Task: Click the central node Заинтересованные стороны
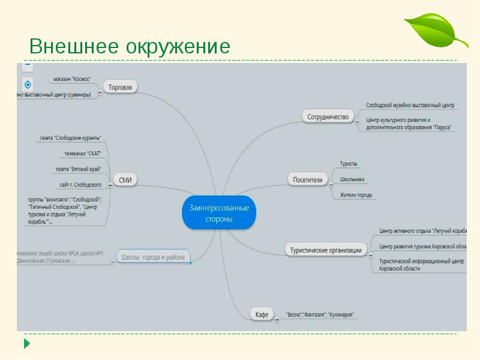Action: click(219, 213)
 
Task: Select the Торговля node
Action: click(120, 87)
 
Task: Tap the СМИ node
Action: click(125, 179)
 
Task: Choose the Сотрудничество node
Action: click(328, 116)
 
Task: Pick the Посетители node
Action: click(308, 179)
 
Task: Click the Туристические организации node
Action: click(326, 250)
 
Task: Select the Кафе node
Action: click(261, 314)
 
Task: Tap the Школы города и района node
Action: click(153, 257)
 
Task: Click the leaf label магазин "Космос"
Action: click(72, 79)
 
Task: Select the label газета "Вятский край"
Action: click(78, 169)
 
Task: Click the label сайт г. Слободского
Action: click(80, 185)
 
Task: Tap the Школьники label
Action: click(352, 179)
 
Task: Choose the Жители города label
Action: click(356, 195)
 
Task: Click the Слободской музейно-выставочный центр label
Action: click(410, 105)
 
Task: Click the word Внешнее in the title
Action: click(74, 47)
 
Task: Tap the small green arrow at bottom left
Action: click(26, 344)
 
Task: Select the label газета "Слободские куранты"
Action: click(70, 138)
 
